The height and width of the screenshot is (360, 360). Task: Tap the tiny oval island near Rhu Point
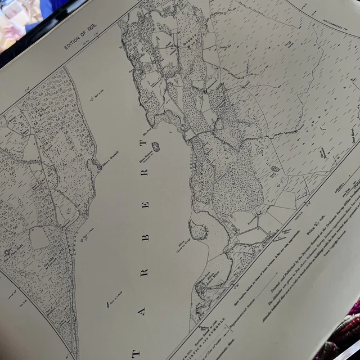(156, 146)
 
